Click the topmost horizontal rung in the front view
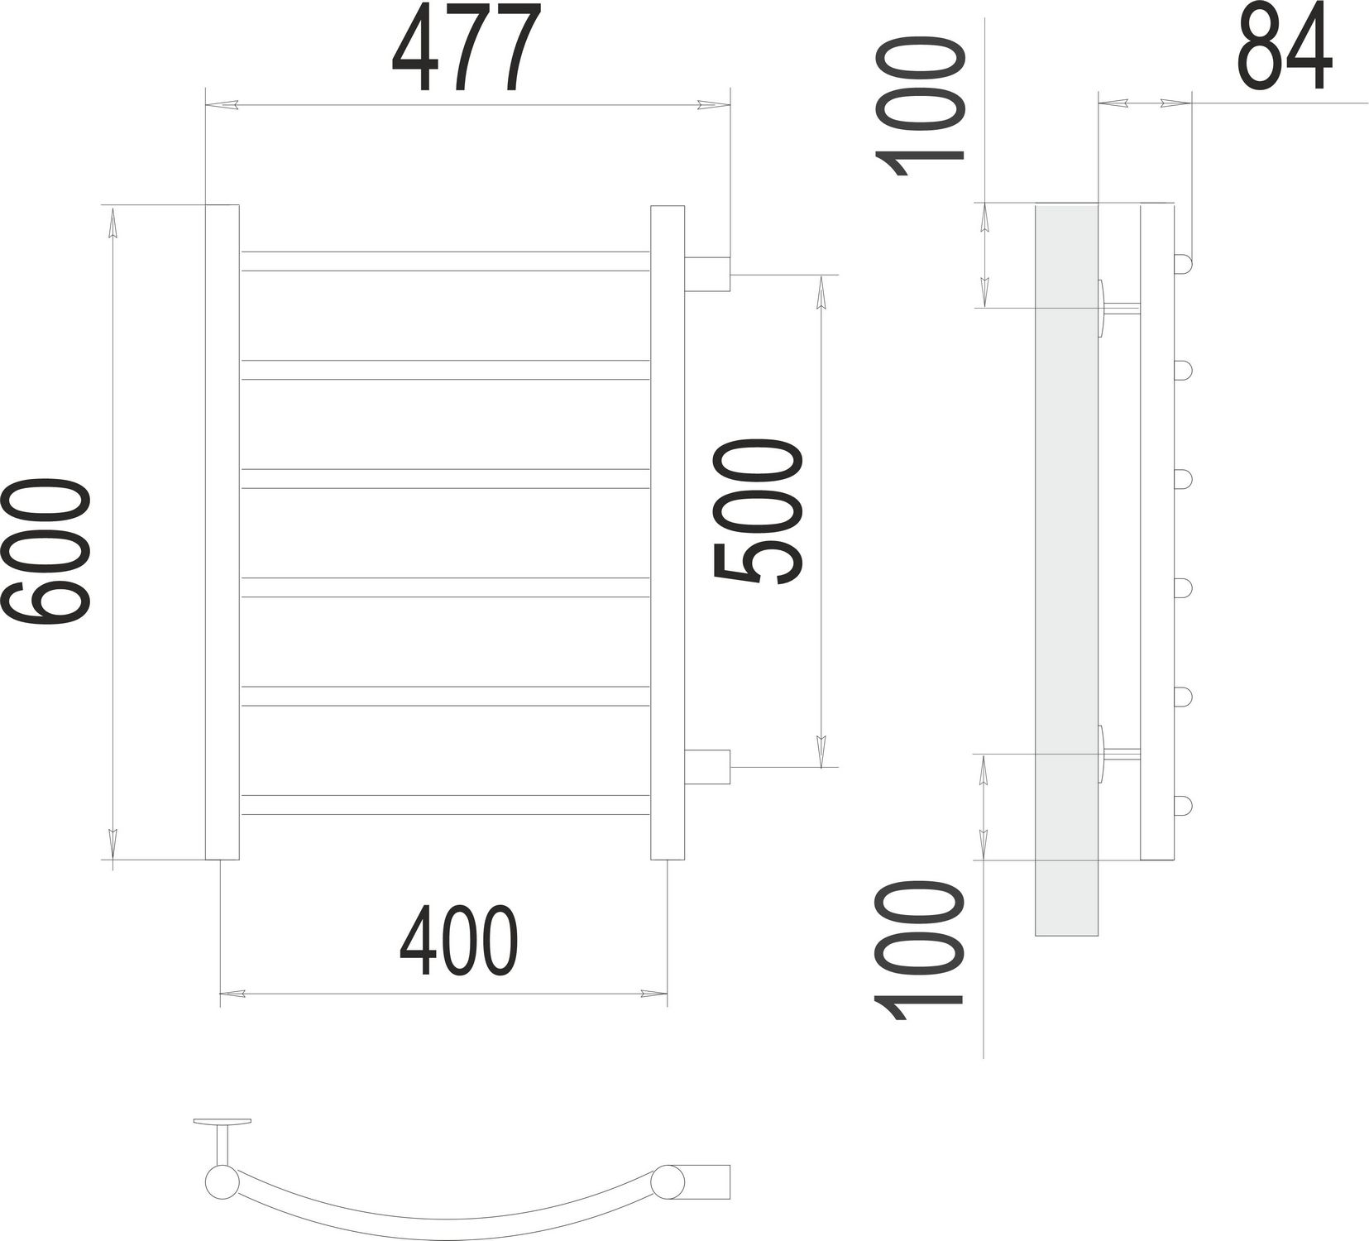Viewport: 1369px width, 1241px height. tap(445, 261)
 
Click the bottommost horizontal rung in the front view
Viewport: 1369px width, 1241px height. tap(445, 804)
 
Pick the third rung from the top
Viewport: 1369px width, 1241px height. tap(445, 479)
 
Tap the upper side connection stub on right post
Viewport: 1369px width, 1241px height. tap(707, 274)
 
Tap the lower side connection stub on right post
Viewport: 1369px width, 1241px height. tap(707, 766)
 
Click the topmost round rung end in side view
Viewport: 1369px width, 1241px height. tap(1183, 264)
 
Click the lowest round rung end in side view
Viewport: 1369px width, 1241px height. tap(1183, 805)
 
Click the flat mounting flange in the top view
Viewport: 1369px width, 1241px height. tap(222, 1122)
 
